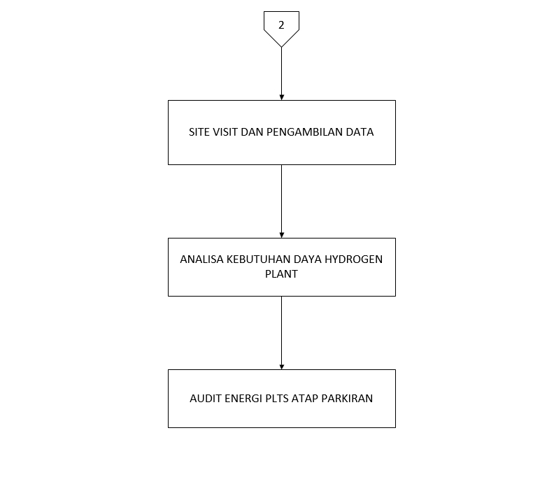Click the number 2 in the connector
point(281,24)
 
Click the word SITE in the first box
point(199,132)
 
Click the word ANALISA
point(201,259)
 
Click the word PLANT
point(281,274)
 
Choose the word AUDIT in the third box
point(205,399)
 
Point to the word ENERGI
point(244,399)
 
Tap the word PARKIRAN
point(348,399)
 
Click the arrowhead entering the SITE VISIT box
point(281,97)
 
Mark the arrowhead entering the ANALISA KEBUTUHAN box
point(281,234)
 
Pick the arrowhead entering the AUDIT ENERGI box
point(281,366)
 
